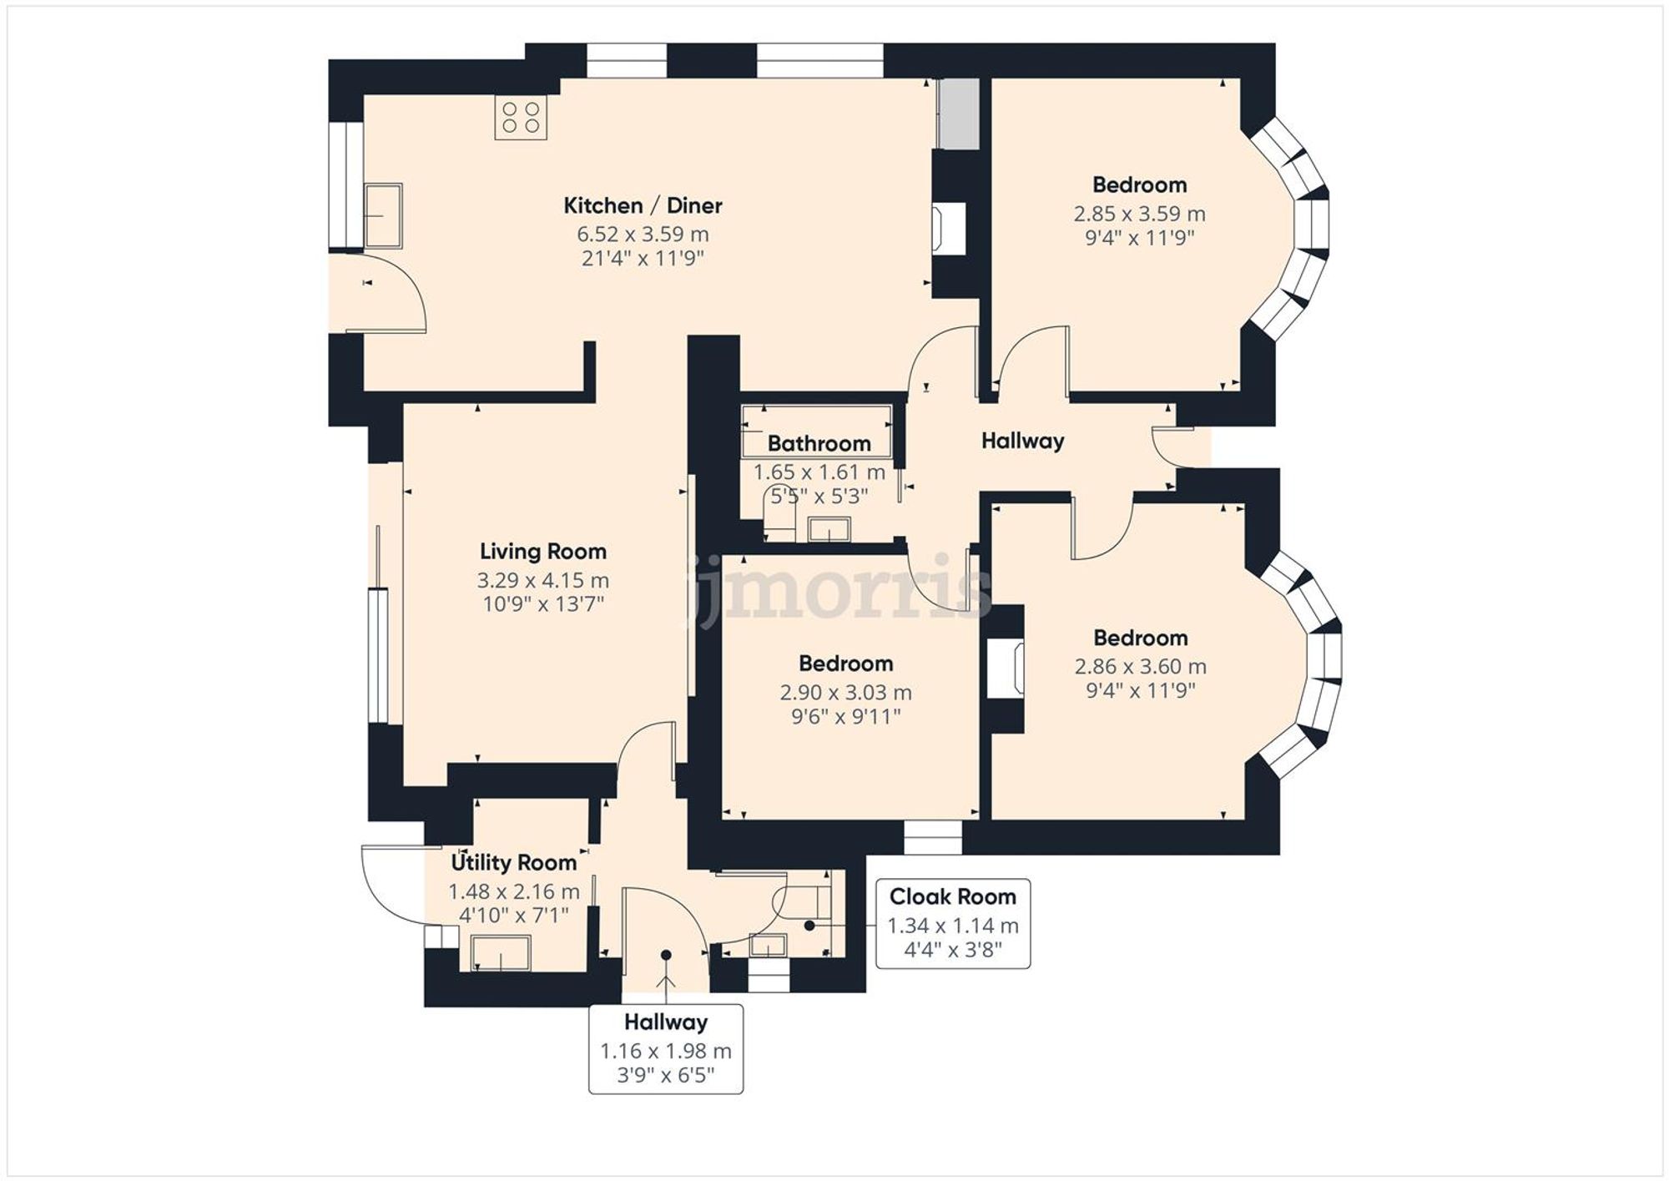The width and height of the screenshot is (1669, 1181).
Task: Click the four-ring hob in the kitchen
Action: (x=521, y=118)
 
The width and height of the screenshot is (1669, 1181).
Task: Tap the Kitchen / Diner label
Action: (x=643, y=205)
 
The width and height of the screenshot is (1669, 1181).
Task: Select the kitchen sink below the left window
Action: (x=383, y=216)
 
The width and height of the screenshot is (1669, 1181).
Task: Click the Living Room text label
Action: (x=542, y=551)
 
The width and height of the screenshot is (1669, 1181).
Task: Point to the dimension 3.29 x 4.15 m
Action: (x=542, y=580)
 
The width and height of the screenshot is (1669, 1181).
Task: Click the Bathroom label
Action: (x=819, y=443)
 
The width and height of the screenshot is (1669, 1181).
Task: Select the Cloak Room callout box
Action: (x=952, y=923)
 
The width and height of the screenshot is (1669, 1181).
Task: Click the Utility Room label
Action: (x=513, y=862)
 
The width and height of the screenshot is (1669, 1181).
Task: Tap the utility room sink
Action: (x=501, y=953)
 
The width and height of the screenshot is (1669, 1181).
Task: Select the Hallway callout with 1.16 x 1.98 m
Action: (x=666, y=1048)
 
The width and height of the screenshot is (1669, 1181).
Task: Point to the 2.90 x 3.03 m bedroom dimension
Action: (x=845, y=693)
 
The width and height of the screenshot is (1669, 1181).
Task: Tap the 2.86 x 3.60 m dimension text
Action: (x=1140, y=667)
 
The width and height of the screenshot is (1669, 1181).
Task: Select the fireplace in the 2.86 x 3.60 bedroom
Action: (x=1006, y=669)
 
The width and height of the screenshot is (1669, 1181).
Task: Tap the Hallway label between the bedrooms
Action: (x=1022, y=441)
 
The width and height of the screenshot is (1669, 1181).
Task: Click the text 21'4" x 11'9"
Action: (x=643, y=259)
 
